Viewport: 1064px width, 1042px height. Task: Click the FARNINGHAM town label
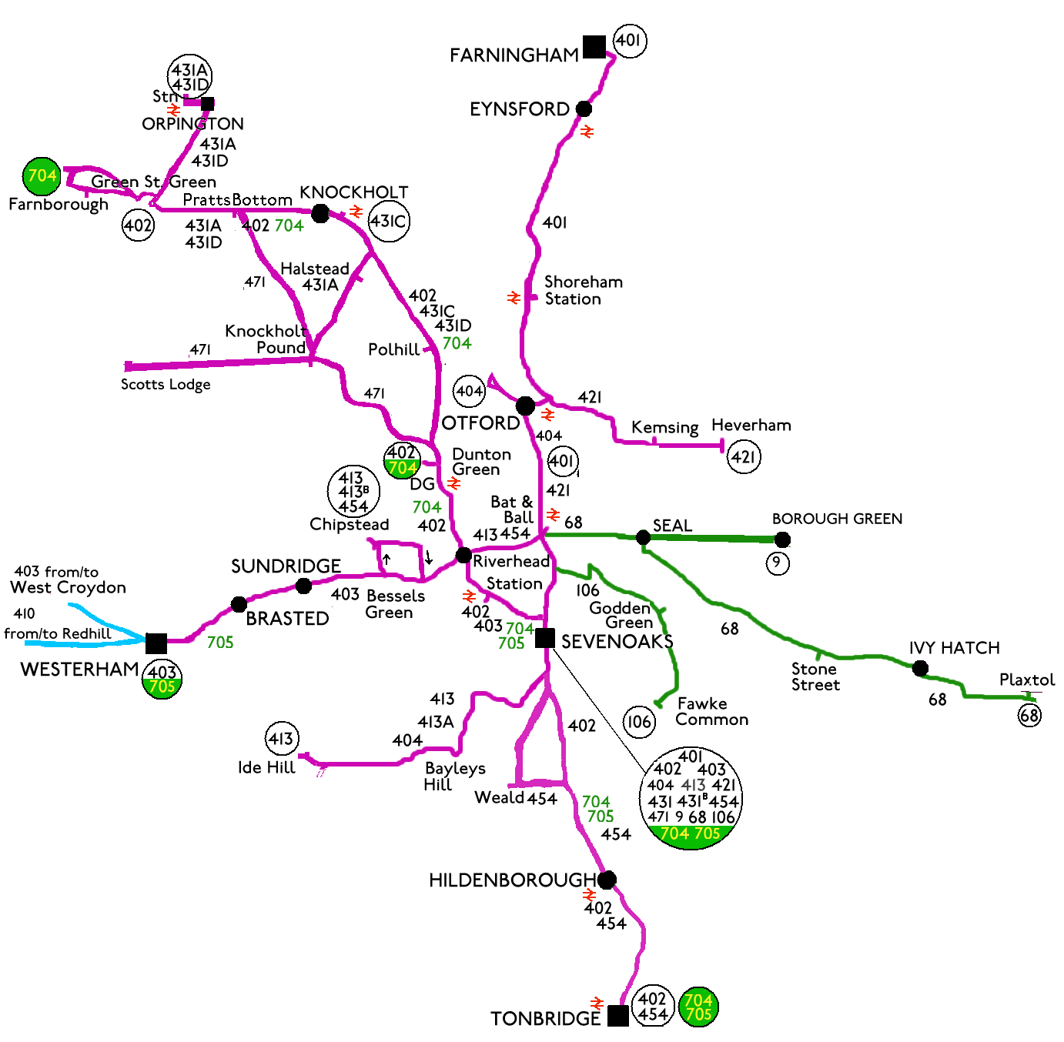pos(514,55)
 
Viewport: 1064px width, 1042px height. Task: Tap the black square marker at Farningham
pos(594,47)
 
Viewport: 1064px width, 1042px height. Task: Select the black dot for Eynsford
pos(584,109)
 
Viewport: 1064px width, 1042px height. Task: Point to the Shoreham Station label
pos(583,290)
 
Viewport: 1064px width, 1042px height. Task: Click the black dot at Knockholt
pos(320,213)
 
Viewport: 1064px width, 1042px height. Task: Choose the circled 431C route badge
pos(389,222)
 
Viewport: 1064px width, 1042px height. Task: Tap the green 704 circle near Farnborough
pos(42,176)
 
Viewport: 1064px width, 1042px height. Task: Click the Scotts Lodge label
pos(166,384)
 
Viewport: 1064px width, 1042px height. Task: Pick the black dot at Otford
pos(525,406)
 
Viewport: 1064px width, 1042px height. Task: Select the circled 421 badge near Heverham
pos(744,457)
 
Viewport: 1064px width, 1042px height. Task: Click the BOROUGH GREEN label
pos(837,519)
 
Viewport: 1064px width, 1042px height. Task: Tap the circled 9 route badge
pos(778,563)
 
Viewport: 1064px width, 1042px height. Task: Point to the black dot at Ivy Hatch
pos(920,668)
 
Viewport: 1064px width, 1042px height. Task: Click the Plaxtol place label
pos(1027,680)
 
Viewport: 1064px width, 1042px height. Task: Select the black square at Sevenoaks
pos(545,638)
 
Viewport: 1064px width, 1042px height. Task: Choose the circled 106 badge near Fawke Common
pos(639,722)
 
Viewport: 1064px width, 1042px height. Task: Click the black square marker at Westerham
pos(156,643)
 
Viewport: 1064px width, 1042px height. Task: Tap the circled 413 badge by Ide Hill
pos(281,740)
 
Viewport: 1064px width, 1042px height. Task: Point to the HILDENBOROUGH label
pos(513,880)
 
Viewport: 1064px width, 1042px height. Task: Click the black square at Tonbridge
pos(617,1016)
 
